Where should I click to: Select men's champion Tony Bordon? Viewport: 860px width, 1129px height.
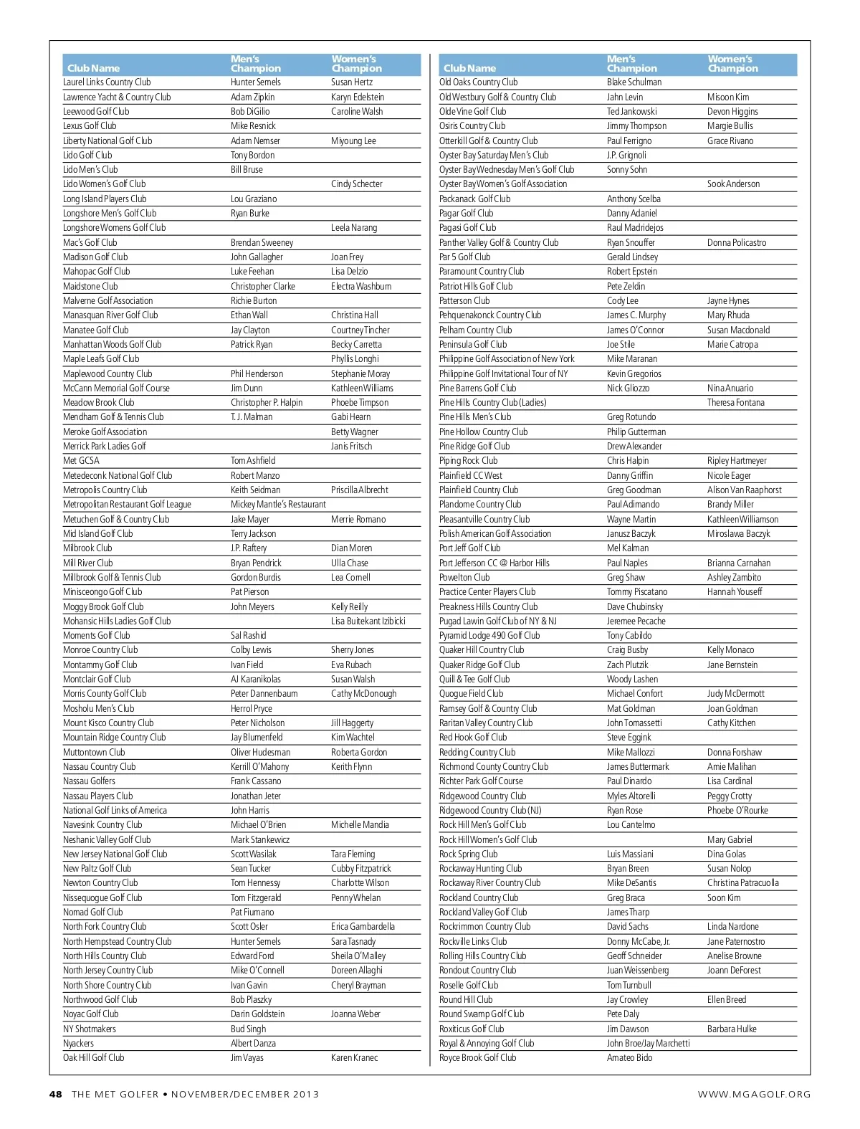(252, 156)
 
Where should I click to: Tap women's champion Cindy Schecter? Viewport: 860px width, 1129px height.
(356, 184)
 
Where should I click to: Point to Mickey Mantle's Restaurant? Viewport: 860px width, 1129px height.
(278, 505)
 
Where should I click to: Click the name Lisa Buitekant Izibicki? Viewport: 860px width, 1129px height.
(368, 621)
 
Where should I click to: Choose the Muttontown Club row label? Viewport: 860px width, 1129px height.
(94, 753)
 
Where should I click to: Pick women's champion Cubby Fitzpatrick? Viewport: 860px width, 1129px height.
(360, 869)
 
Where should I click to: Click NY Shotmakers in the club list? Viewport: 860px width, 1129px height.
(90, 1029)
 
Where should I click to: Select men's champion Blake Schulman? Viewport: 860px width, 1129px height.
(634, 82)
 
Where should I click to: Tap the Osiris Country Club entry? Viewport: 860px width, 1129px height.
(472, 126)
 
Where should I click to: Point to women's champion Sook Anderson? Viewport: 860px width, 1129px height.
(733, 184)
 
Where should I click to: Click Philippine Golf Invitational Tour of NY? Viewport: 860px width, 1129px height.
(503, 374)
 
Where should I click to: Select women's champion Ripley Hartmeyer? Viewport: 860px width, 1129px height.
(737, 461)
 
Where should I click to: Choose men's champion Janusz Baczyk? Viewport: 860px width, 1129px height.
(631, 534)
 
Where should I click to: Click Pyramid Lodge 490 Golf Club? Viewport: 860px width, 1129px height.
(489, 636)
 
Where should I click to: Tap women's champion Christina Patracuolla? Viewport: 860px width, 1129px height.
(742, 883)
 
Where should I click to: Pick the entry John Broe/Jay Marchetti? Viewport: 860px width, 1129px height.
(648, 1044)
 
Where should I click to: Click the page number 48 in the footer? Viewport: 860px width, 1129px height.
(55, 1095)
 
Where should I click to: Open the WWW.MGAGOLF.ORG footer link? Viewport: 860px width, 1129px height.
(754, 1095)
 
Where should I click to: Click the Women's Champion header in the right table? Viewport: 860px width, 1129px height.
(732, 64)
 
